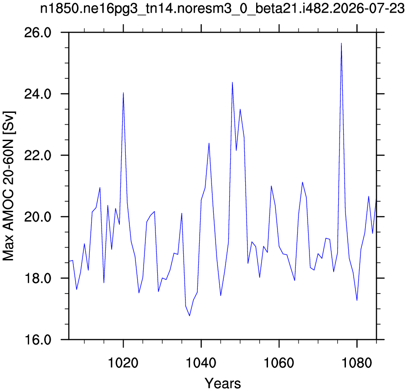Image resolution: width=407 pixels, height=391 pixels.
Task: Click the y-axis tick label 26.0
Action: [38, 33]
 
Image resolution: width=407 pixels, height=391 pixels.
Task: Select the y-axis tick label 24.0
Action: [38, 94]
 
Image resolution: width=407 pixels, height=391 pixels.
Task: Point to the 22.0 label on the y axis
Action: [38, 155]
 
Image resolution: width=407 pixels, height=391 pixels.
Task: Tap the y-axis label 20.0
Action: [38, 217]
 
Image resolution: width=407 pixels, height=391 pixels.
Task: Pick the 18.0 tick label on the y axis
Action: [38, 278]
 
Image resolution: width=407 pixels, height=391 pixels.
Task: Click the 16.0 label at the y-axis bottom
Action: [38, 340]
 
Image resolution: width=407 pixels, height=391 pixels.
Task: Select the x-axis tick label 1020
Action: [124, 363]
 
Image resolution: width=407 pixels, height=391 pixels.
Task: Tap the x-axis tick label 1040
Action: [201, 363]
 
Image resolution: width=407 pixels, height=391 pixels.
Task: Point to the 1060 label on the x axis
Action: [279, 363]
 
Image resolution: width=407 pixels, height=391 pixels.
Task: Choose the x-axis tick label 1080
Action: [357, 363]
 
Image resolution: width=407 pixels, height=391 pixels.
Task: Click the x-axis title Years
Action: [223, 383]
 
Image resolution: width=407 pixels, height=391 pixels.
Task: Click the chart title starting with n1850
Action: [222, 10]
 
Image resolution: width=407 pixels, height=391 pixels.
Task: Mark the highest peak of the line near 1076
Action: [341, 43]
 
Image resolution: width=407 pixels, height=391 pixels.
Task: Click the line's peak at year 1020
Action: [124, 92]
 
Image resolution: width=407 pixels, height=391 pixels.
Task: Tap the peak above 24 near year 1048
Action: [232, 82]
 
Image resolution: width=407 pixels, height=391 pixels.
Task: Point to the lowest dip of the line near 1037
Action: [190, 316]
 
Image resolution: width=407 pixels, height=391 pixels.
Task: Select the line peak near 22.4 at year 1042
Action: [209, 143]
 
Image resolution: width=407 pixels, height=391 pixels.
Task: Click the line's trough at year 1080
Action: [357, 300]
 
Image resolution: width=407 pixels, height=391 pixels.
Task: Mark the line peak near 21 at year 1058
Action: [271, 186]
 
